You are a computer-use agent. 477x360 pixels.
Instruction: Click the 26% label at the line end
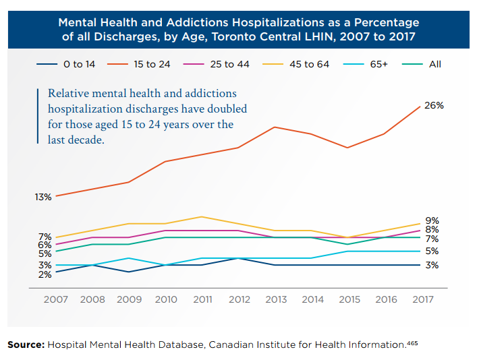pos(434,107)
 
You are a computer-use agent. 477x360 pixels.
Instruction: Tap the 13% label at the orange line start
pos(44,198)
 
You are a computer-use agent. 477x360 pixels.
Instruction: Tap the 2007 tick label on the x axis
pos(55,299)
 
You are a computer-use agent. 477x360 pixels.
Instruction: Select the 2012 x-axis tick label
pos(239,299)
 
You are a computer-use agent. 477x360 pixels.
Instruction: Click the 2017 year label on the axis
pos(422,299)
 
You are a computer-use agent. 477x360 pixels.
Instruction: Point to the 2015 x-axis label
pos(349,299)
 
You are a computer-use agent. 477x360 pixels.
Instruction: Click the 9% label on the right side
pos(432,220)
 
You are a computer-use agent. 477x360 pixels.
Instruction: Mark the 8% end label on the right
pos(432,230)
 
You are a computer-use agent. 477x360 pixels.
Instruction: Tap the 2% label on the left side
pos(45,274)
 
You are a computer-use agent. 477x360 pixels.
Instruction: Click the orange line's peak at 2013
pos(275,127)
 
